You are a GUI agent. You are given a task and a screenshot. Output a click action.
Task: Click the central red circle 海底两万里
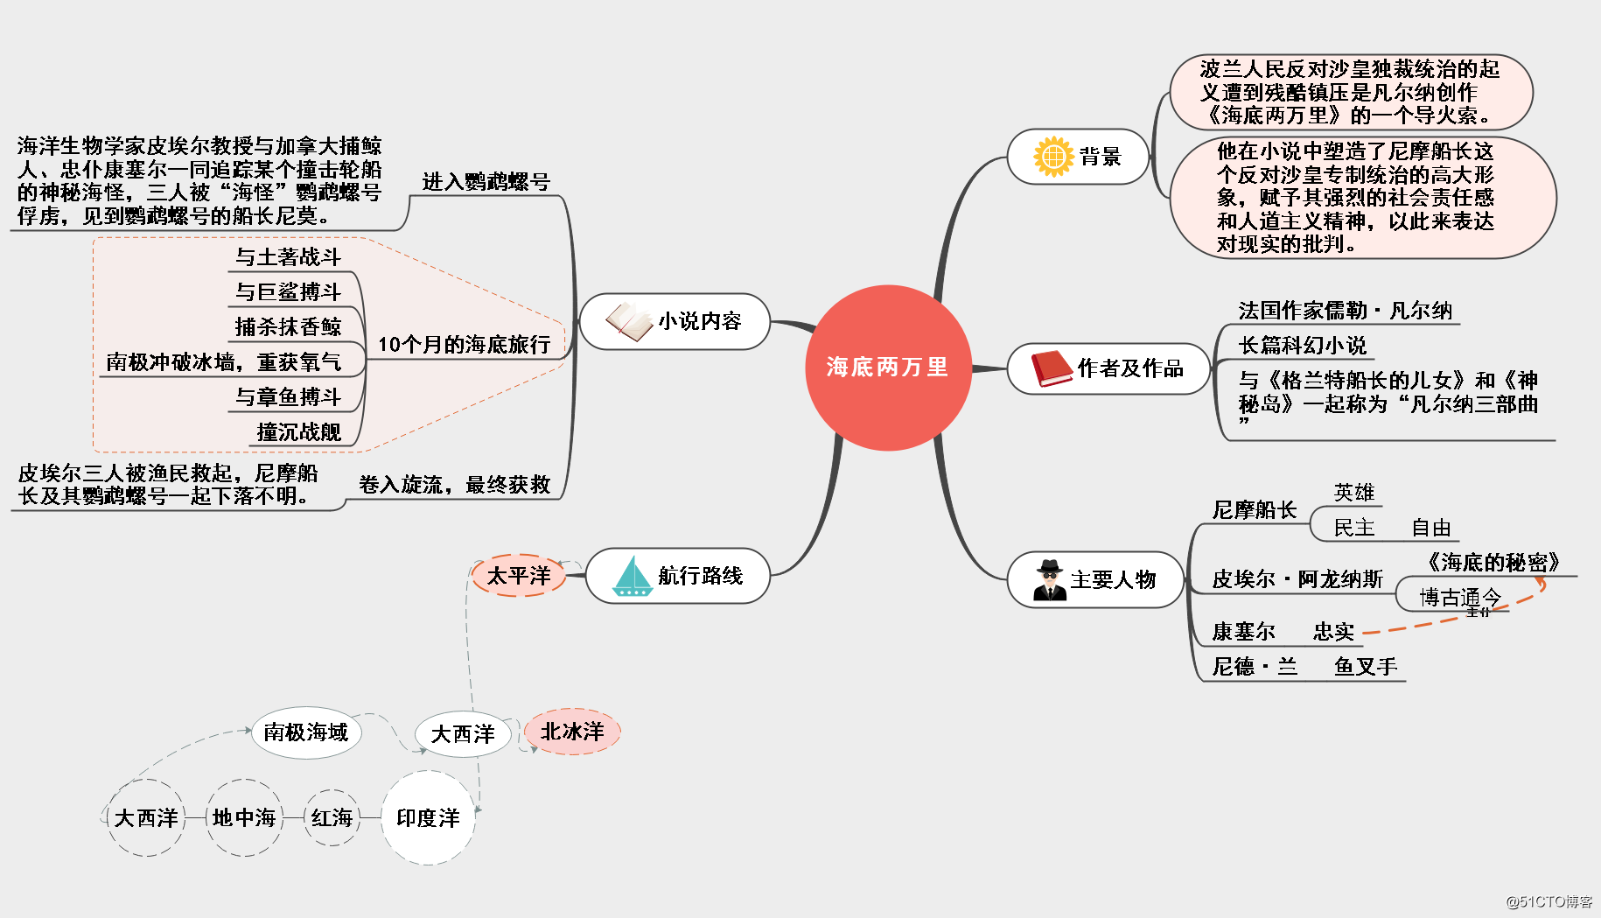point(887,368)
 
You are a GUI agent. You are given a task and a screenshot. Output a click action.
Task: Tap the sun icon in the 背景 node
point(1053,157)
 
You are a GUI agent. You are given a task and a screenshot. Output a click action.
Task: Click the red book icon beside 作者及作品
point(1051,368)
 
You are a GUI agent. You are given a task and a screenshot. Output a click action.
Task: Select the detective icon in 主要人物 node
point(1049,579)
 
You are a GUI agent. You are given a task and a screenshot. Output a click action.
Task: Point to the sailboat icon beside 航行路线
point(633,577)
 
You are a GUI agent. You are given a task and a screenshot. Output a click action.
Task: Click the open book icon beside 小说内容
point(629,321)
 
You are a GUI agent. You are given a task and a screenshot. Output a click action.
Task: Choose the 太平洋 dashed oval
point(519,575)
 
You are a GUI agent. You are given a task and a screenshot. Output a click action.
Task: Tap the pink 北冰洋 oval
point(572,732)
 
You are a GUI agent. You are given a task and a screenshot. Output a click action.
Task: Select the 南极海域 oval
point(306,732)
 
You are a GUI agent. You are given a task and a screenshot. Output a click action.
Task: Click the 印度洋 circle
point(428,818)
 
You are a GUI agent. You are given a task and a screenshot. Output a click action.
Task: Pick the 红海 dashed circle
point(332,818)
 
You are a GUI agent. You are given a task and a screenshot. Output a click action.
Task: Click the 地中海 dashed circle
point(244,818)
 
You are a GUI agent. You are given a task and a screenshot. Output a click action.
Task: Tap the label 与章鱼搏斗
point(288,397)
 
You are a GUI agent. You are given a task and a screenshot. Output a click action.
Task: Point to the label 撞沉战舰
point(298,432)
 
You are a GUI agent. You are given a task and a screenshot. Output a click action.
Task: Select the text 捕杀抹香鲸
point(288,327)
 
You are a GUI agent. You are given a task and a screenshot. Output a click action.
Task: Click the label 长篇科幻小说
point(1302,346)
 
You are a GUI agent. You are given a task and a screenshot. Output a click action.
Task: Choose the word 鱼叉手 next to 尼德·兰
point(1366,667)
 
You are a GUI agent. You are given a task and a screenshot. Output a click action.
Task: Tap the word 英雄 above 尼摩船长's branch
point(1353,493)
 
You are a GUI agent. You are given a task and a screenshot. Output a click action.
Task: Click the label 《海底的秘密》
point(1493,563)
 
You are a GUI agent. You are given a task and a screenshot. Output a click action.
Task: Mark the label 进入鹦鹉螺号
point(486,182)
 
